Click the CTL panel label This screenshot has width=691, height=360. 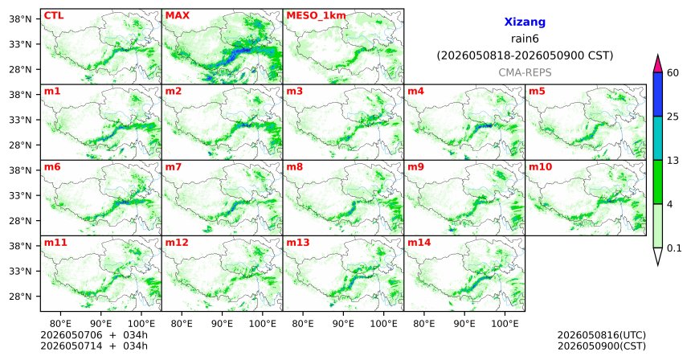click(x=54, y=16)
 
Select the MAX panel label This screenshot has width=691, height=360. click(x=177, y=16)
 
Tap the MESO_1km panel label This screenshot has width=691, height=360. click(x=316, y=16)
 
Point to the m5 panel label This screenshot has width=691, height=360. click(x=537, y=92)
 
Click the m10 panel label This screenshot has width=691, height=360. click(x=540, y=167)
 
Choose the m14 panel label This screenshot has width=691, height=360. click(x=419, y=243)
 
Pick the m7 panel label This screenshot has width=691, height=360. click(x=174, y=167)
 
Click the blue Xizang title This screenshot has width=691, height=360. click(x=525, y=22)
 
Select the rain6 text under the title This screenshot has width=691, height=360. click(x=525, y=39)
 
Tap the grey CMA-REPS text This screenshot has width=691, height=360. click(x=525, y=72)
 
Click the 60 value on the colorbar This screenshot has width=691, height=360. click(x=673, y=72)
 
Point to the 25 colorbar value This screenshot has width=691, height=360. click(x=673, y=117)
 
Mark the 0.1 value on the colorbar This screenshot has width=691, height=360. click(x=674, y=248)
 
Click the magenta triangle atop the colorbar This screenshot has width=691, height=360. click(x=658, y=63)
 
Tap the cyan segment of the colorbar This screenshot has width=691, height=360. click(x=658, y=138)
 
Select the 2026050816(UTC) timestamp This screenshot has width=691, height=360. click(x=602, y=336)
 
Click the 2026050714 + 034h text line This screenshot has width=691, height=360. click(x=94, y=346)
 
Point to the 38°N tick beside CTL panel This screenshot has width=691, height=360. click(x=21, y=19)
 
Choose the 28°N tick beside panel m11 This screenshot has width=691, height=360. click(x=21, y=297)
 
